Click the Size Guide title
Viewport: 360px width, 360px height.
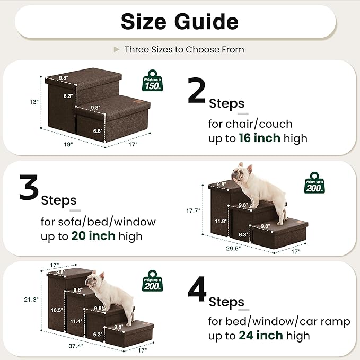(179, 22)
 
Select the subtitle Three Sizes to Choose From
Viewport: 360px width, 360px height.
(184, 49)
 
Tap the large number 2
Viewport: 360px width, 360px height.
(197, 92)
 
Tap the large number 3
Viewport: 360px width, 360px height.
(29, 189)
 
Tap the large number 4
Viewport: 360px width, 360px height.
(197, 289)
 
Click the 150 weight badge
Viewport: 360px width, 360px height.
(153, 82)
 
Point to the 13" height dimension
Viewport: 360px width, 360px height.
(34, 102)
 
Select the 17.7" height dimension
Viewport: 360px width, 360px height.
(193, 210)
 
